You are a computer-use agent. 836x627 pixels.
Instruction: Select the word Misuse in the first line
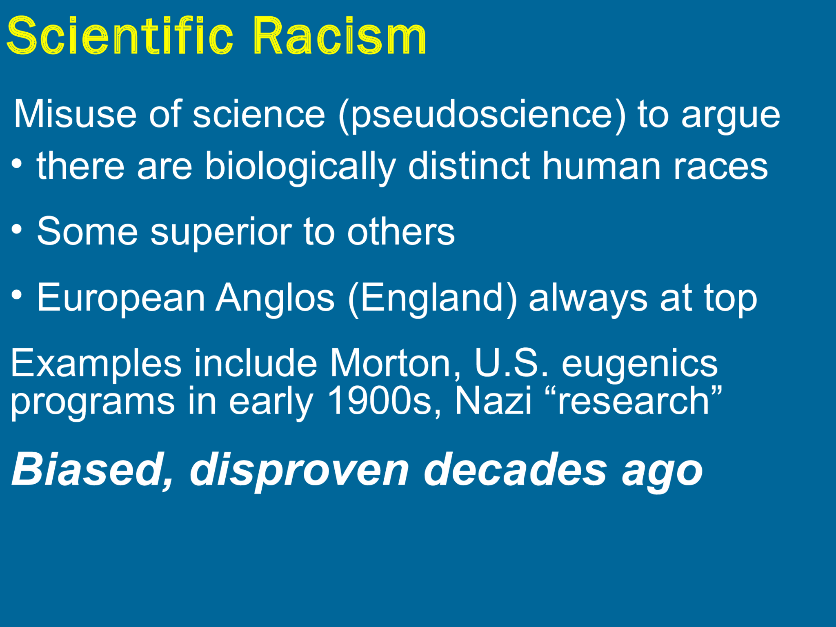(75, 114)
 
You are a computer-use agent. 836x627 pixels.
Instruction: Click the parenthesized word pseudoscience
(482, 115)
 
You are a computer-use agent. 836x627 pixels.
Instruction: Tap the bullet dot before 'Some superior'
(17, 229)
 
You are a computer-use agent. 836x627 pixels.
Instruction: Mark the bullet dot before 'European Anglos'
(17, 294)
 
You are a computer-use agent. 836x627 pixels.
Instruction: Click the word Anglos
(275, 298)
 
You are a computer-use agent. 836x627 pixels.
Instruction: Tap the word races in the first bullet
(720, 167)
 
